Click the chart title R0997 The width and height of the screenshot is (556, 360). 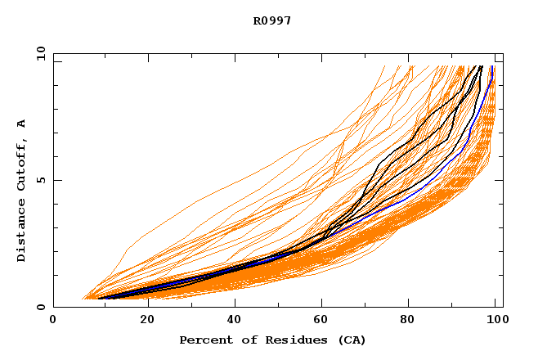[x=272, y=20]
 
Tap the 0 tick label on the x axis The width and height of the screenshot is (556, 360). [x=53, y=321]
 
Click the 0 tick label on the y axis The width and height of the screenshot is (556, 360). [x=40, y=308]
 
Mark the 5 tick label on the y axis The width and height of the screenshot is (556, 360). [x=40, y=180]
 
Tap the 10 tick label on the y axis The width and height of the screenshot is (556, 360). [x=39, y=53]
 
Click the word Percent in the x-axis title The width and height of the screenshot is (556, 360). [x=204, y=340]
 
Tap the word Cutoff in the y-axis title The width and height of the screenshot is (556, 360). [x=21, y=164]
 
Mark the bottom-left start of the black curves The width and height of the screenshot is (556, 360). [x=99, y=298]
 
